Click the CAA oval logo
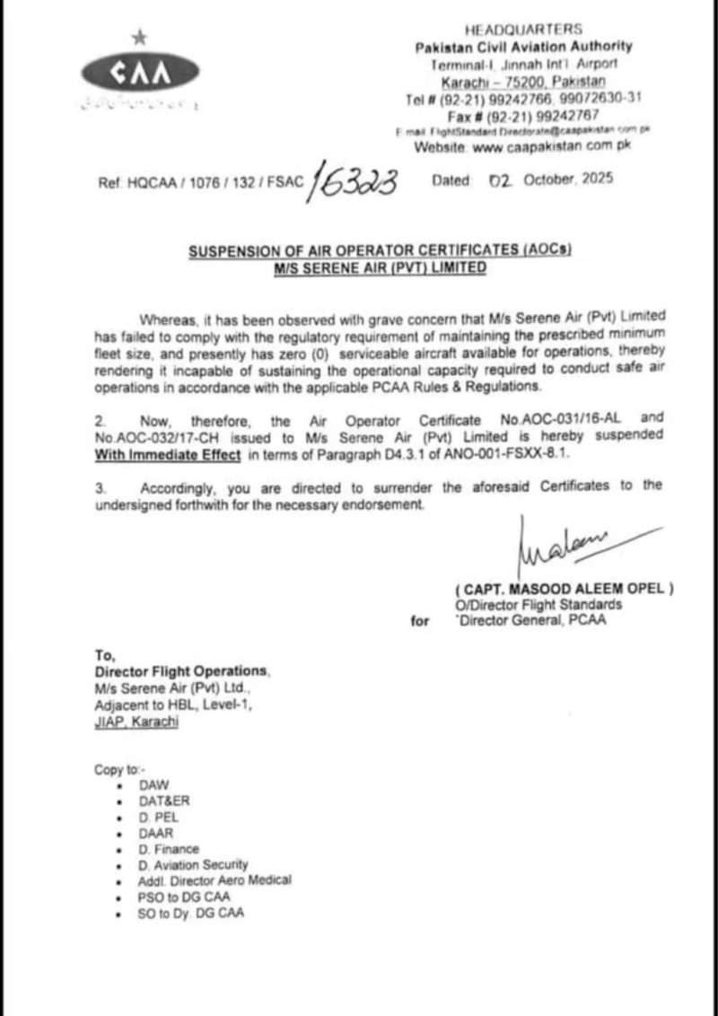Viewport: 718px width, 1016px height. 139,73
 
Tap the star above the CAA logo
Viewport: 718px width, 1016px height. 138,37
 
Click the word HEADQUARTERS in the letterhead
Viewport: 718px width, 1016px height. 523,30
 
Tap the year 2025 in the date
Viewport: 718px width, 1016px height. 596,179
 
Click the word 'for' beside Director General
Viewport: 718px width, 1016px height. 420,620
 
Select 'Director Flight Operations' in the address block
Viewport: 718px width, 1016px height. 180,671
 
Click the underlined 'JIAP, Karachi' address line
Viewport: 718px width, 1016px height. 136,721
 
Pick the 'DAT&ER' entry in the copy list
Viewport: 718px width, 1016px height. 164,800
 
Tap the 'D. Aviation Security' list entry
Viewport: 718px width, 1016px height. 193,864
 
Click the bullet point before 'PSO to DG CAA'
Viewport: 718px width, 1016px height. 119,898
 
